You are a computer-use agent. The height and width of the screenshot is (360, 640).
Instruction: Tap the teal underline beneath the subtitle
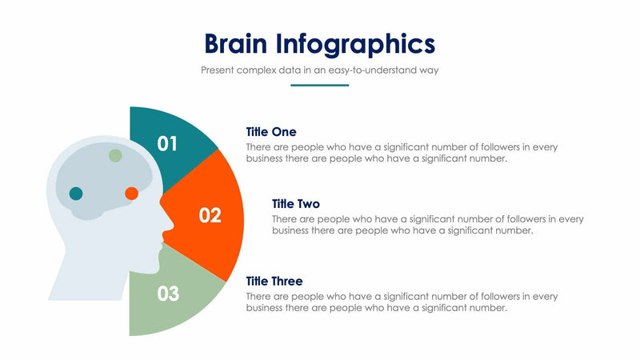(319, 84)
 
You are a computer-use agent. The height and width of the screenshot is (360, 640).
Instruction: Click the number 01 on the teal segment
(167, 144)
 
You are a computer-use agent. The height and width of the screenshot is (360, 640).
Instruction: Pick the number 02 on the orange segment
(210, 215)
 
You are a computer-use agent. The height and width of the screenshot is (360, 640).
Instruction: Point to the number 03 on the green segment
(168, 294)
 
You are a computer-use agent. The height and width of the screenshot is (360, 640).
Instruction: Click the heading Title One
(271, 131)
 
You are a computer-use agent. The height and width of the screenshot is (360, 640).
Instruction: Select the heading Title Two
(296, 203)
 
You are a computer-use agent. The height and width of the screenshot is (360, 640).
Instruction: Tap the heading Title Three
(274, 281)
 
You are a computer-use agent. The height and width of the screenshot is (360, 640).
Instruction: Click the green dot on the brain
(116, 155)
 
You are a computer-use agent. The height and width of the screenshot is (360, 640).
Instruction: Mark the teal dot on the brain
(76, 193)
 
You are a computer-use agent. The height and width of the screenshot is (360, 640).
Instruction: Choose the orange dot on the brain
(132, 193)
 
